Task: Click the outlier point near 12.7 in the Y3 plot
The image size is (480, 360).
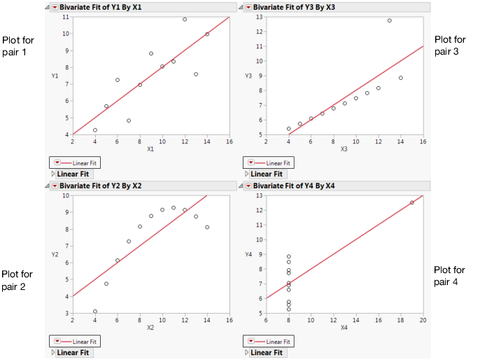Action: (389, 20)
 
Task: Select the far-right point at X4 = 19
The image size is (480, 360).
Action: (411, 202)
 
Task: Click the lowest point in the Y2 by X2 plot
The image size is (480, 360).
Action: (95, 312)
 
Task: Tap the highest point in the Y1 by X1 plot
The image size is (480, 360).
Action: (185, 20)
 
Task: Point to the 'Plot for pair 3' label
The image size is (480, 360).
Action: (450, 46)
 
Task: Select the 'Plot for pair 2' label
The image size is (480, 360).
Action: (17, 279)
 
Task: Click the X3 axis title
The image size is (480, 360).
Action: (344, 148)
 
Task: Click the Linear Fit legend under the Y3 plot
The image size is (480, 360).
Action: (269, 162)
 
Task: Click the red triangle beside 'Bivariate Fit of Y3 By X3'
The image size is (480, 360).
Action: (250, 7)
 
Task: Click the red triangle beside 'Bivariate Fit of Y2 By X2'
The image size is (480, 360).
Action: (55, 185)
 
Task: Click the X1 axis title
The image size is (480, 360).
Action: (150, 148)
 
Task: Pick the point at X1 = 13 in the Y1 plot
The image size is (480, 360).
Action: (196, 74)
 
